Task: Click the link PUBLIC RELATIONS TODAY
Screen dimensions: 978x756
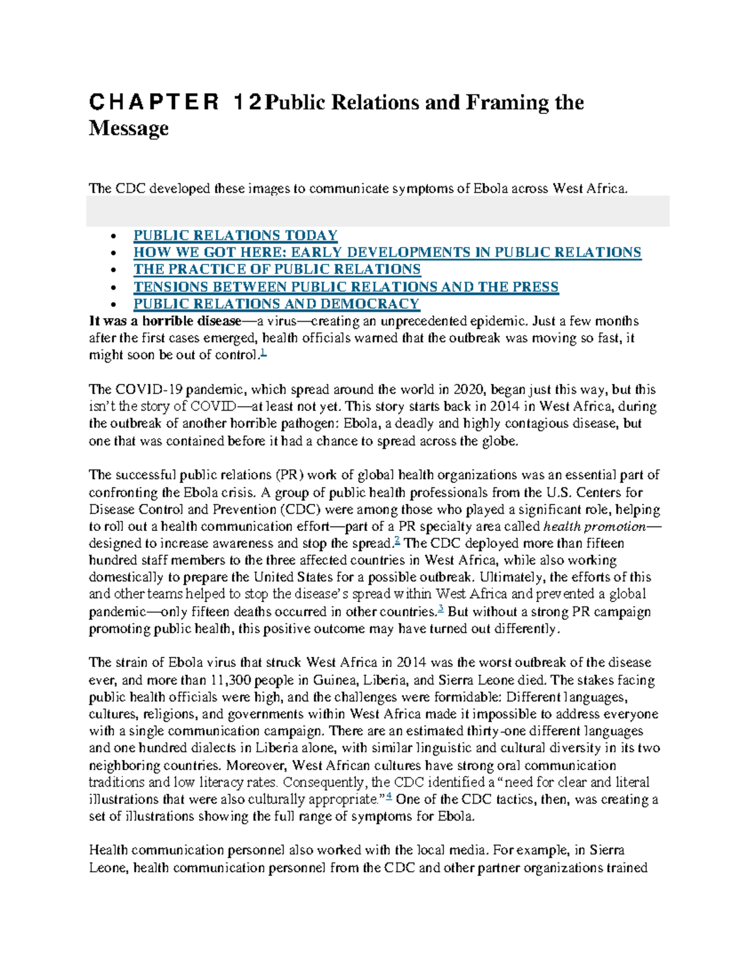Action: [x=235, y=236]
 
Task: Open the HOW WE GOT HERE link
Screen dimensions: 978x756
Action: [x=387, y=253]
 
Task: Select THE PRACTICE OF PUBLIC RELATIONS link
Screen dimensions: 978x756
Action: [x=277, y=270]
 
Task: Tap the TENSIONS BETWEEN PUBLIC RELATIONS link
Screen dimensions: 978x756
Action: [x=345, y=287]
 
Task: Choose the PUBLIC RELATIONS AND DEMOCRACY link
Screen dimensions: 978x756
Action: [x=276, y=304]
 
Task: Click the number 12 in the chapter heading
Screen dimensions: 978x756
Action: [x=247, y=102]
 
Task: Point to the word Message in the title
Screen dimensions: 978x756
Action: [x=129, y=128]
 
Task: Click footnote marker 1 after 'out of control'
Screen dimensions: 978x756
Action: [x=263, y=354]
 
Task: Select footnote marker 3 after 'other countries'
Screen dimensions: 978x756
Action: [x=441, y=610]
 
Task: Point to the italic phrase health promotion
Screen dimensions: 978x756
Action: [x=594, y=526]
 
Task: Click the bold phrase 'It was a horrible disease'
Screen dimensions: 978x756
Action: [x=165, y=321]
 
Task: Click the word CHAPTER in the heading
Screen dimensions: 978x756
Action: [x=154, y=102]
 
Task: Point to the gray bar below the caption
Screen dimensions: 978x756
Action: [x=377, y=211]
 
